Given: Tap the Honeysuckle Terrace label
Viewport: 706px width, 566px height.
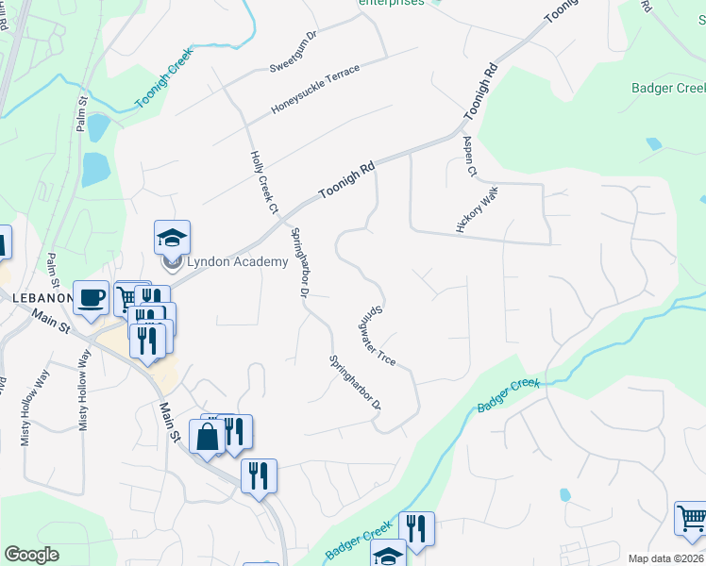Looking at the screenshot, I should (315, 91).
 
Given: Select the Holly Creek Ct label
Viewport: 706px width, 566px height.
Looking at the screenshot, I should (264, 180).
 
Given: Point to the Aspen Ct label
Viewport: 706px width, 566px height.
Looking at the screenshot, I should (469, 155).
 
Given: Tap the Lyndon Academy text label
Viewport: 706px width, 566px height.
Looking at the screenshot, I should (237, 261).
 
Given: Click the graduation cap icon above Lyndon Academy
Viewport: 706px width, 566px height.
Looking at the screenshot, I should (173, 237).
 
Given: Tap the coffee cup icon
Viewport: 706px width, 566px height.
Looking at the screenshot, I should (91, 298).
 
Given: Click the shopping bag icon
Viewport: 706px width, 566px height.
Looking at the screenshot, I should (207, 437).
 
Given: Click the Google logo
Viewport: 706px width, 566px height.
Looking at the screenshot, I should (32, 555).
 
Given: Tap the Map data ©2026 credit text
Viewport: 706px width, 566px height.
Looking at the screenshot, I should (665, 558).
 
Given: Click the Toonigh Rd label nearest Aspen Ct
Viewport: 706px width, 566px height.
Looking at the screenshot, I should (479, 91).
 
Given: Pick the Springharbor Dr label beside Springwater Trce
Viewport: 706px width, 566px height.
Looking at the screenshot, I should (355, 382).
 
